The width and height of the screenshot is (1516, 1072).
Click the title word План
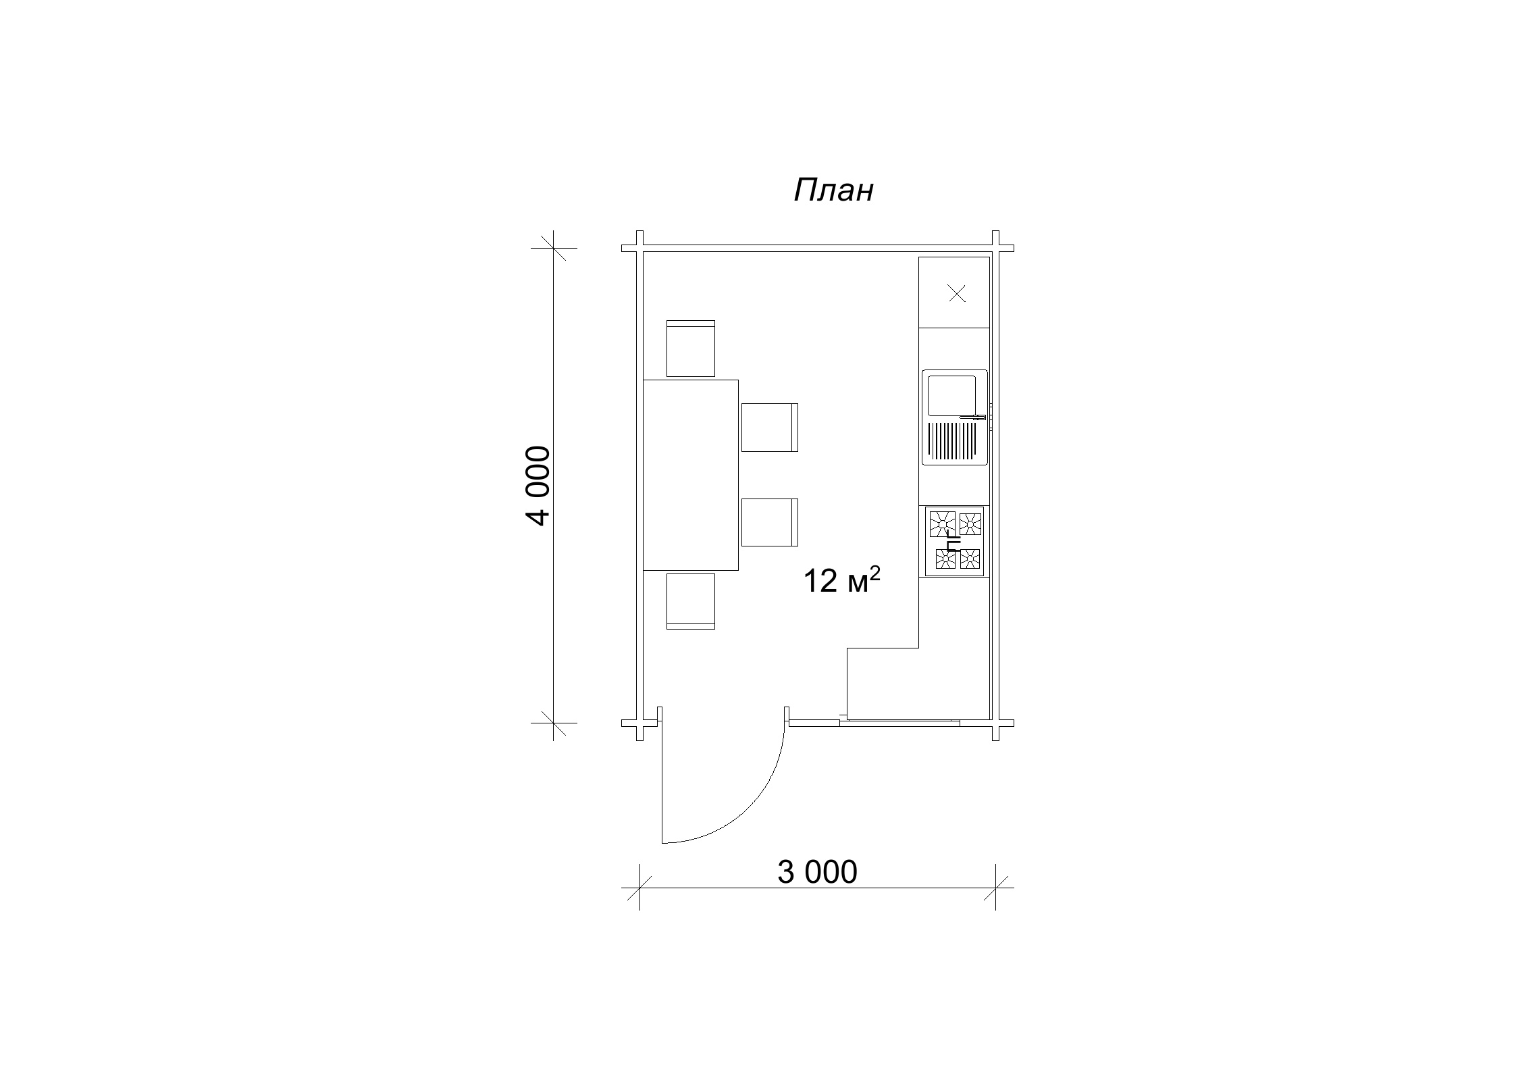pyautogui.click(x=833, y=190)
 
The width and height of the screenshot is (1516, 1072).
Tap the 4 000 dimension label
pyautogui.click(x=539, y=486)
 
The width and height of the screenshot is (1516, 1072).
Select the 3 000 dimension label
pyautogui.click(x=817, y=872)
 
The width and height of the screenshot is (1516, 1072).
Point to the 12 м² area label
pyautogui.click(x=841, y=580)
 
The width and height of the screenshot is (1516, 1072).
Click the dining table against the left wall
pyautogui.click(x=691, y=475)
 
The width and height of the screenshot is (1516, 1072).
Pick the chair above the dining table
pyautogui.click(x=691, y=349)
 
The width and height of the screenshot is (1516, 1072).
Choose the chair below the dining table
pyautogui.click(x=691, y=601)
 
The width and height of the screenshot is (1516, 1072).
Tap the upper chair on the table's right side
pyautogui.click(x=770, y=428)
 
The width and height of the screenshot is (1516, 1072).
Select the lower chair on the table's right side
pyautogui.click(x=770, y=522)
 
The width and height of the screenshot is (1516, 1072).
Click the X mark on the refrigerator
pyautogui.click(x=957, y=293)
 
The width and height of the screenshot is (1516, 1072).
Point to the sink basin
pyautogui.click(x=952, y=395)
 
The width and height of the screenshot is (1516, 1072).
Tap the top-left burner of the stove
pyautogui.click(x=943, y=524)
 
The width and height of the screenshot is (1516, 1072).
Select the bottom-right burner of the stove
pyautogui.click(x=970, y=559)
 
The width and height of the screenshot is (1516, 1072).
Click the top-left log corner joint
pyautogui.click(x=639, y=249)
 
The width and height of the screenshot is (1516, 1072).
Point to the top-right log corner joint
pyautogui.click(x=995, y=249)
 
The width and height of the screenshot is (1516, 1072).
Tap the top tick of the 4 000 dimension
pyautogui.click(x=554, y=248)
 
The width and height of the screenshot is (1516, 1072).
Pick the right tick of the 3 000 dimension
pyautogui.click(x=995, y=888)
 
